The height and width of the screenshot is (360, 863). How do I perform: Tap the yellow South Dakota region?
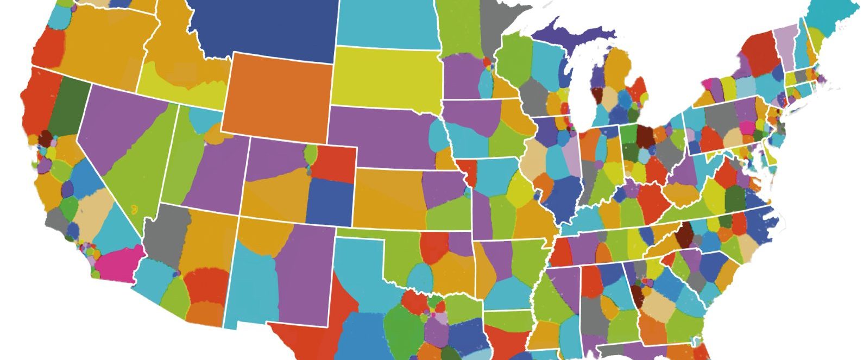[x=386, y=76]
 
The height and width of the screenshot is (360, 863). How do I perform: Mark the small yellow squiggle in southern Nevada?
[x=134, y=208]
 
